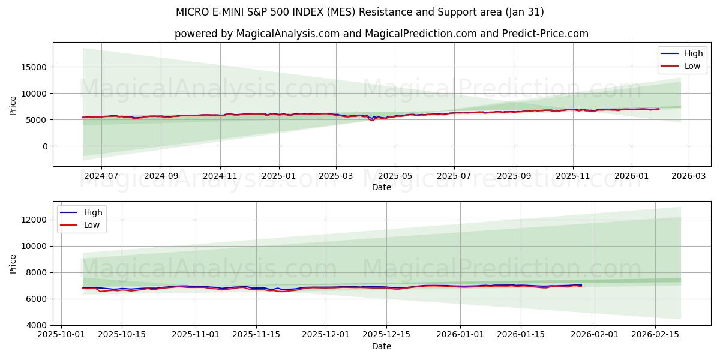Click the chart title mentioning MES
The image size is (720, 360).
click(359, 12)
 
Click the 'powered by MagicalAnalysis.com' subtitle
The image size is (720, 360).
click(381, 34)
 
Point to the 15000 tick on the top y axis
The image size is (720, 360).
click(35, 67)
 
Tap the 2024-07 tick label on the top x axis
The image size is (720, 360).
click(101, 176)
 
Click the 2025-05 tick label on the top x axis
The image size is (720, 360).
click(395, 176)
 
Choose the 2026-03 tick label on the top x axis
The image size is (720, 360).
click(688, 176)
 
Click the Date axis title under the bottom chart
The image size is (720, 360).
click(381, 346)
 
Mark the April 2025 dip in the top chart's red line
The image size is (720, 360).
click(372, 120)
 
